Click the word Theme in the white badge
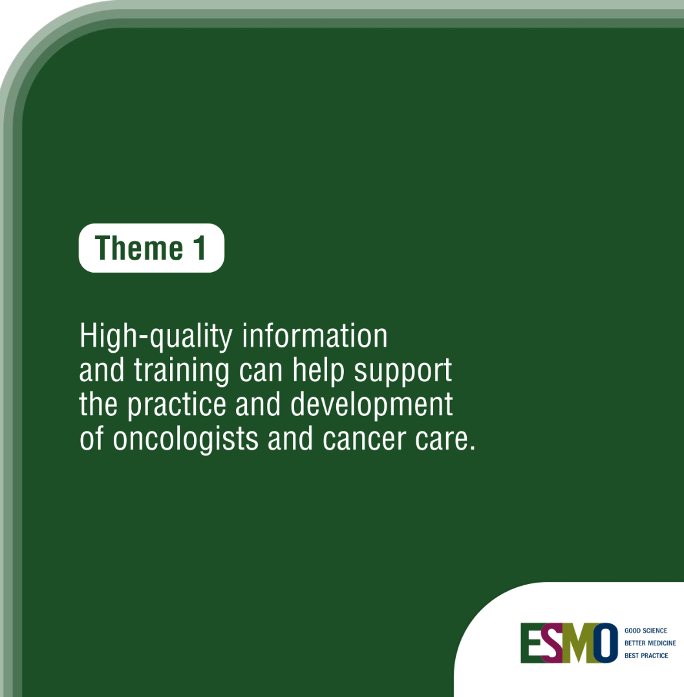pos(139,247)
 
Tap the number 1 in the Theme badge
pos(200,247)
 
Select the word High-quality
pos(156,337)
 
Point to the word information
pos(315,336)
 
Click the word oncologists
pos(186,440)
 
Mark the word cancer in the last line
pos(365,440)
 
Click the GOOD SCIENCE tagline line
pos(646,630)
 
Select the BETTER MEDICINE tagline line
pos(650,643)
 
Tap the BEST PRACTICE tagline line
pos(646,655)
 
